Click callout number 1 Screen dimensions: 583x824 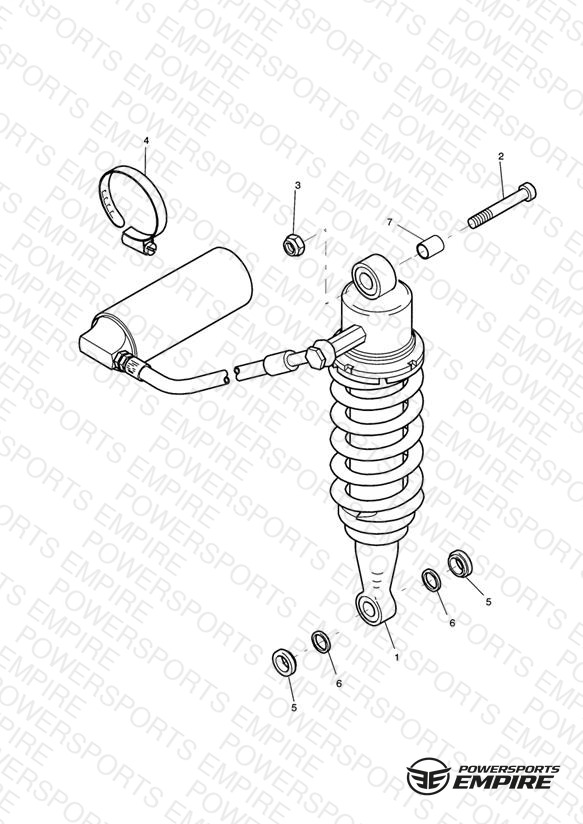click(x=397, y=657)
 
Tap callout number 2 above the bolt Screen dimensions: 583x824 click(x=500, y=156)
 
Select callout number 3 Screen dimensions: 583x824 click(x=298, y=185)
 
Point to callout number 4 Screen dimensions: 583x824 click(x=146, y=140)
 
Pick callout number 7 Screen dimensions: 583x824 click(x=390, y=222)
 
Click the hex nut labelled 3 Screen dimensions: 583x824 click(x=291, y=245)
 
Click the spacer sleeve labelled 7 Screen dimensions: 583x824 click(x=430, y=247)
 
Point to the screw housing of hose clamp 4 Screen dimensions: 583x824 click(x=139, y=242)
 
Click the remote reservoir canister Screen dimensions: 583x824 click(x=166, y=310)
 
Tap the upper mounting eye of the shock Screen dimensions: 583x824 click(x=373, y=276)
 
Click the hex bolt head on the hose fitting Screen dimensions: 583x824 click(x=317, y=356)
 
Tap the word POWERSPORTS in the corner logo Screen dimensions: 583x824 click(x=509, y=769)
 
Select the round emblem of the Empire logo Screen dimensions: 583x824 click(x=428, y=776)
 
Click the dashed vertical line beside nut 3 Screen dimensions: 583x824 click(x=326, y=266)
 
